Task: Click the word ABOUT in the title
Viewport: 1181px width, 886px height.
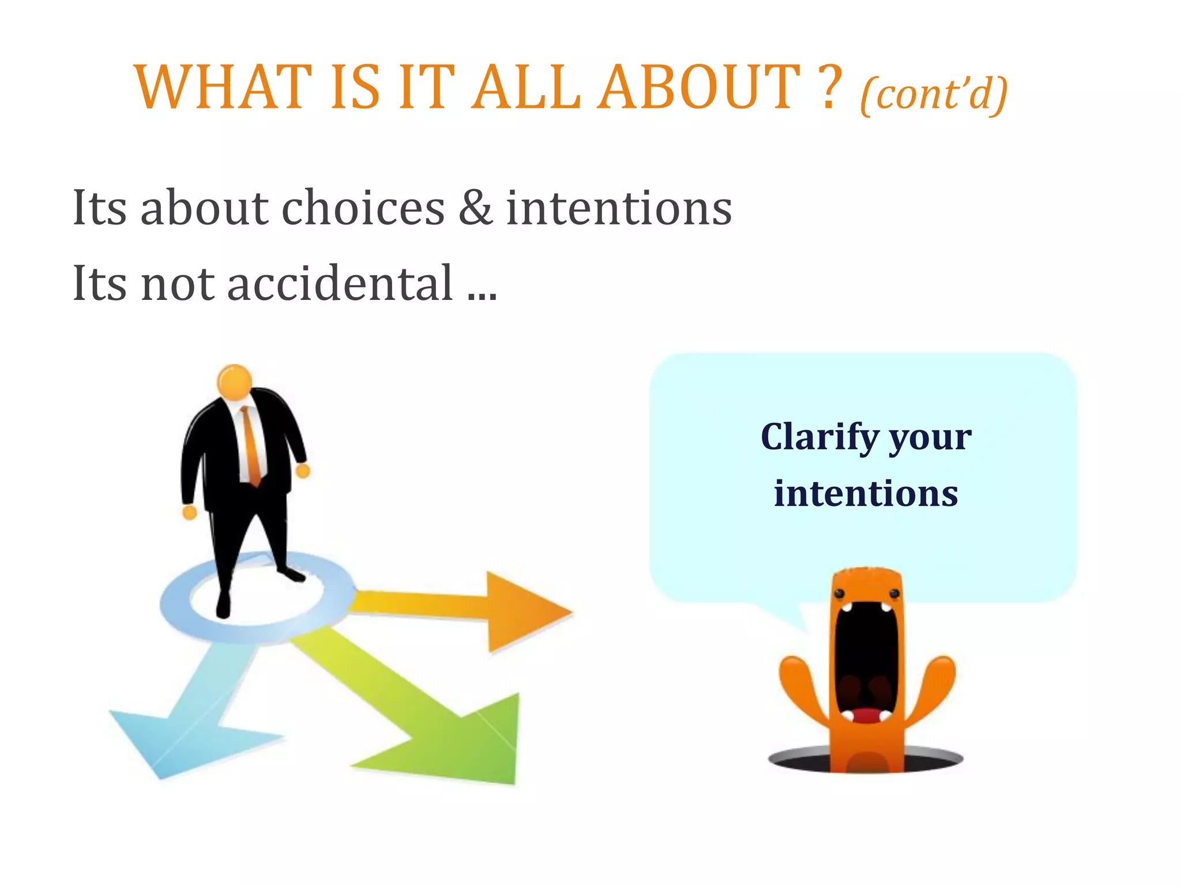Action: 698,88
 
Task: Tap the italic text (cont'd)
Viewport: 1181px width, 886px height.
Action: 934,93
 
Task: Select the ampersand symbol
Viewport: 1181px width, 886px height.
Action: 475,208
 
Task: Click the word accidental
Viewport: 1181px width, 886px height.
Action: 340,283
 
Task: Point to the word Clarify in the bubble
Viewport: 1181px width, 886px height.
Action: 819,437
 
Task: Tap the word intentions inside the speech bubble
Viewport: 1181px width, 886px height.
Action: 866,494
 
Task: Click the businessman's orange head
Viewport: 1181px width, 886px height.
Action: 234,382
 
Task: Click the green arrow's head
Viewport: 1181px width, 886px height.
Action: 473,744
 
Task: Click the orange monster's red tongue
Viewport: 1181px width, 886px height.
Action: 865,715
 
